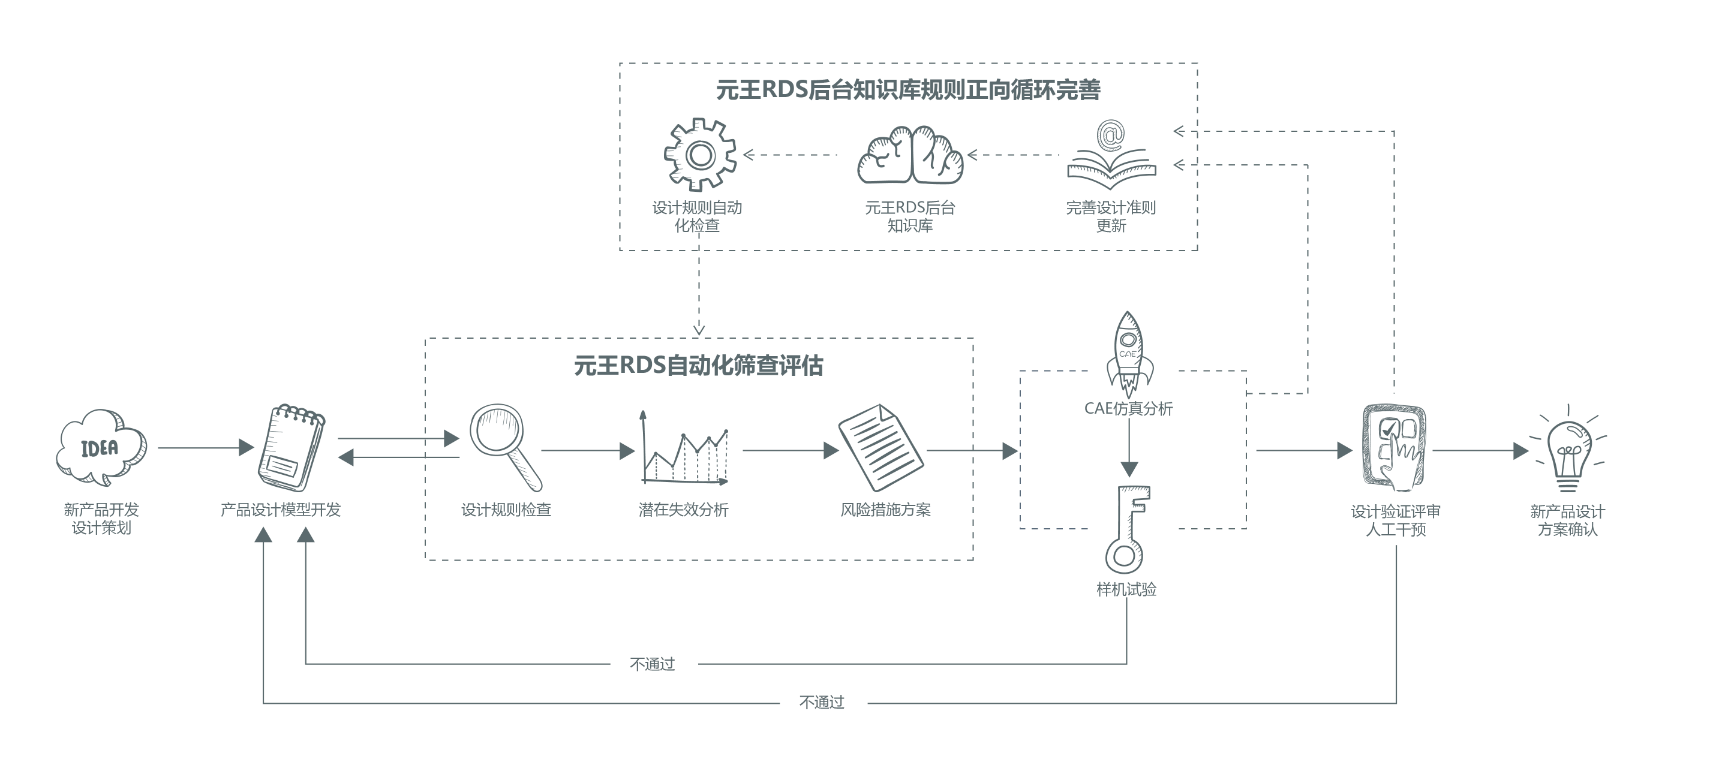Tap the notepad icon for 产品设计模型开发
[291, 447]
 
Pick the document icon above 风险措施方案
[880, 446]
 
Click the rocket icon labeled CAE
[1128, 354]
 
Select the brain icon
[910, 156]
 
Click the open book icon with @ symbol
[1110, 155]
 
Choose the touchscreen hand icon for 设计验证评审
[1395, 448]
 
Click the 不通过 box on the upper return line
[653, 664]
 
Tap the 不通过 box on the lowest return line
[823, 703]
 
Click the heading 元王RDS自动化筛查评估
[699, 366]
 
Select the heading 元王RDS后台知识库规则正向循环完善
[908, 89]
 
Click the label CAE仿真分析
[1128, 408]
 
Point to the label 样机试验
[1126, 589]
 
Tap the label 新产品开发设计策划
[101, 519]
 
